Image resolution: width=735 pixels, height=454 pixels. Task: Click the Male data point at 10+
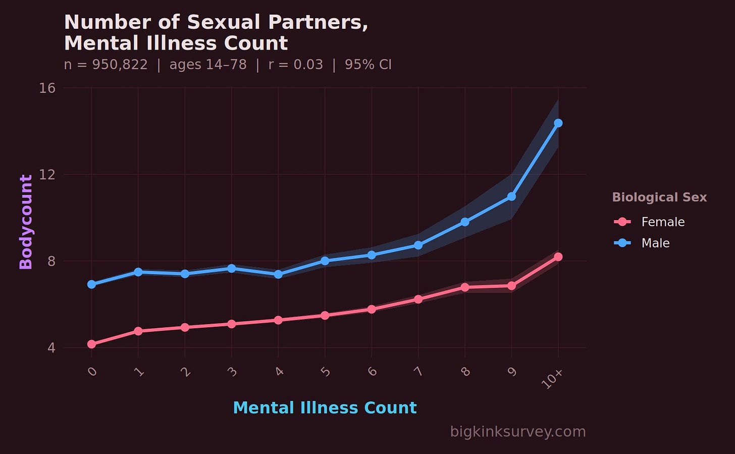tap(558, 123)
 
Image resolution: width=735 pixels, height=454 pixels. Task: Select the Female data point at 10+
tap(558, 257)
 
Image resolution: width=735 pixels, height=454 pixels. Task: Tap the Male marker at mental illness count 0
tap(91, 284)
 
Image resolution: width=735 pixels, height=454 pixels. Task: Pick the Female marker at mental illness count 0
tap(91, 344)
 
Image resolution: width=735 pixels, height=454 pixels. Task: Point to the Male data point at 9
tap(511, 196)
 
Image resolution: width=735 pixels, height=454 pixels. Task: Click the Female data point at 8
tap(465, 287)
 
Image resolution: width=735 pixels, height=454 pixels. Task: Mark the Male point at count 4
tap(278, 274)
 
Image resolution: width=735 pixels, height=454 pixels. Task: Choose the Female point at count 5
tap(325, 316)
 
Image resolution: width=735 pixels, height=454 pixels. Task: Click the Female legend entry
tap(649, 222)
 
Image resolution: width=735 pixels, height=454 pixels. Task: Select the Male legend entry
tap(642, 243)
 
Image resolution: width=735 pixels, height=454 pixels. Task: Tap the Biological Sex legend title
tap(659, 197)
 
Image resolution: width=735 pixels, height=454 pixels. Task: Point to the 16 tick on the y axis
tap(47, 88)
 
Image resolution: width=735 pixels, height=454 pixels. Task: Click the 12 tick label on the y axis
tap(47, 175)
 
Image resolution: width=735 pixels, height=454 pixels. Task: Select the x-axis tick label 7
tap(418, 371)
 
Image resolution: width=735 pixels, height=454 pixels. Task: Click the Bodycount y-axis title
tap(26, 222)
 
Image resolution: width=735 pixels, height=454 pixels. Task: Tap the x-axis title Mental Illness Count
tap(325, 408)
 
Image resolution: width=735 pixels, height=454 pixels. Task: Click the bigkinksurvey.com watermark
tap(518, 431)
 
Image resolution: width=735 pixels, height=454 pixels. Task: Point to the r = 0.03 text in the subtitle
tap(296, 64)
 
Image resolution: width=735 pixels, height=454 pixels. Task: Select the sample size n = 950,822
tap(106, 64)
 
